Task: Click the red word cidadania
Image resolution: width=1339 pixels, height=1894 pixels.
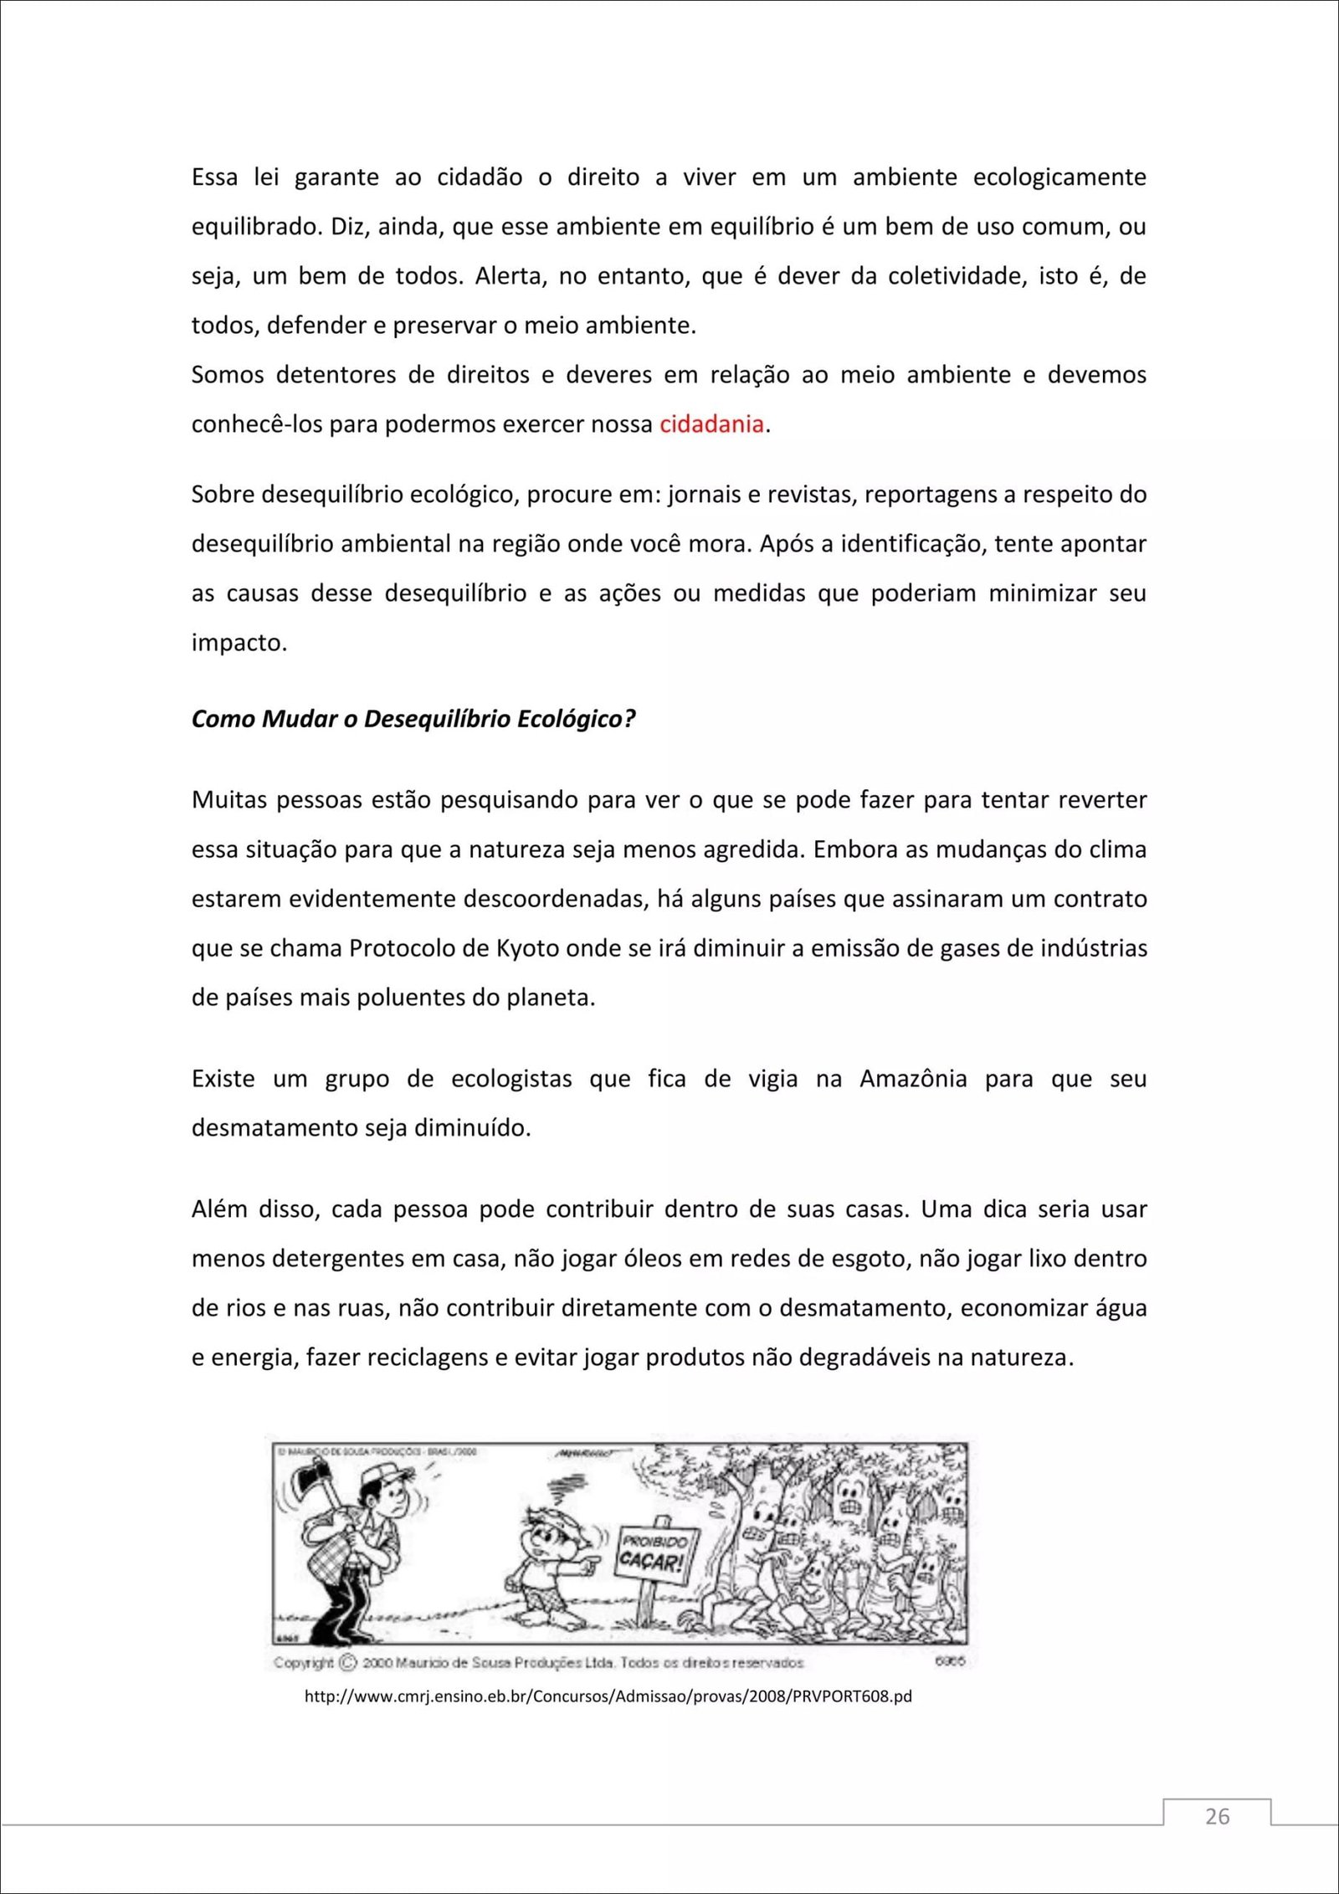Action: click(x=711, y=424)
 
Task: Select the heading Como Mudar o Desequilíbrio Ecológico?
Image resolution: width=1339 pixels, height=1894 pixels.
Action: click(x=413, y=719)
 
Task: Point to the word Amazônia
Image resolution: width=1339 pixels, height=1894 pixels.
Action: click(x=913, y=1079)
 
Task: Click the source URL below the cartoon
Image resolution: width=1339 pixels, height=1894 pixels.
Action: click(x=608, y=1696)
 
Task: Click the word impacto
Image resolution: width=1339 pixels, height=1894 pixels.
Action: click(x=239, y=643)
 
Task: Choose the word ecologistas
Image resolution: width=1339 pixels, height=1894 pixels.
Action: click(x=511, y=1079)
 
